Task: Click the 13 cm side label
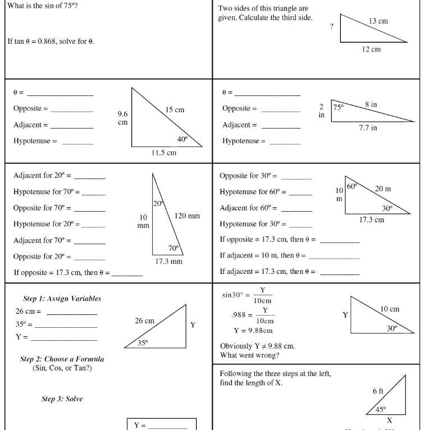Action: [378, 21]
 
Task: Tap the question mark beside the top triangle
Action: [331, 26]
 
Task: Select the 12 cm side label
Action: [371, 49]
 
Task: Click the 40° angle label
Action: [182, 139]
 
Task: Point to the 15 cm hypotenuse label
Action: [175, 110]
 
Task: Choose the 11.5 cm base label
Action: [163, 153]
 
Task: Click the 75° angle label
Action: [338, 106]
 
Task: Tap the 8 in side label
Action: [371, 104]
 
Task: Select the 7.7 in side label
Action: [368, 128]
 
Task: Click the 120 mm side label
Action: [187, 216]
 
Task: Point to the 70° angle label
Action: [174, 248]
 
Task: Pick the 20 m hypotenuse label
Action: [383, 189]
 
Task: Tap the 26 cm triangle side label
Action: [144, 321]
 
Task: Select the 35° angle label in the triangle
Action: [143, 342]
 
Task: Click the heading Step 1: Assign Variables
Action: [62, 299]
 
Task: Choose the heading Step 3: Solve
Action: [62, 399]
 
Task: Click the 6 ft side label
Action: [378, 391]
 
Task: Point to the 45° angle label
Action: [381, 410]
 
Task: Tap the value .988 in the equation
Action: [238, 315]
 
